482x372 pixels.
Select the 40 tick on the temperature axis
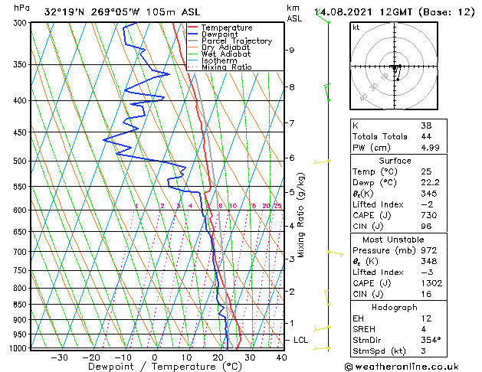click(281, 357)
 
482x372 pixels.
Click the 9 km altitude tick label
click(291, 50)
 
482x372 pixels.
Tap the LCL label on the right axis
click(301, 340)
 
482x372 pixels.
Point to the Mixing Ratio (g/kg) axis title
click(302, 215)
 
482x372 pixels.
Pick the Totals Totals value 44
click(426, 136)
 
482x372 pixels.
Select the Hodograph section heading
click(395, 307)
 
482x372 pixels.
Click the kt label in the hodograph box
click(356, 27)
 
